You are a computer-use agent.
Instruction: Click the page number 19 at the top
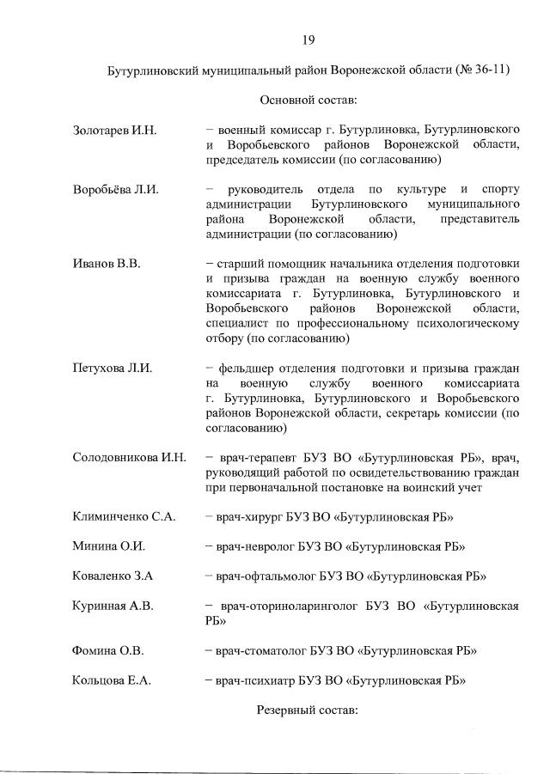click(x=308, y=40)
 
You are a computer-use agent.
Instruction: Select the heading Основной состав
click(x=308, y=101)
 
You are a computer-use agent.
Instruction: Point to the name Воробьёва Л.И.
click(x=116, y=189)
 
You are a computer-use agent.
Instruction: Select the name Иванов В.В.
click(x=106, y=264)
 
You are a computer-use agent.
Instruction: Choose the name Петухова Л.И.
click(x=113, y=368)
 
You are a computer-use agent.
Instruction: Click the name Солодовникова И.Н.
click(x=129, y=457)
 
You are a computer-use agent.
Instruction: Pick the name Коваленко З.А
click(x=113, y=576)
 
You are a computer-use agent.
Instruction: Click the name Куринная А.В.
click(x=113, y=606)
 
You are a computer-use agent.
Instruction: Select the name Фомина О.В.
click(x=109, y=650)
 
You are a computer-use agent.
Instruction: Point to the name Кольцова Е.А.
click(x=112, y=680)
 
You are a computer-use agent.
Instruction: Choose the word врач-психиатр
click(x=256, y=680)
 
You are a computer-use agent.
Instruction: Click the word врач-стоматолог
click(x=263, y=650)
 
